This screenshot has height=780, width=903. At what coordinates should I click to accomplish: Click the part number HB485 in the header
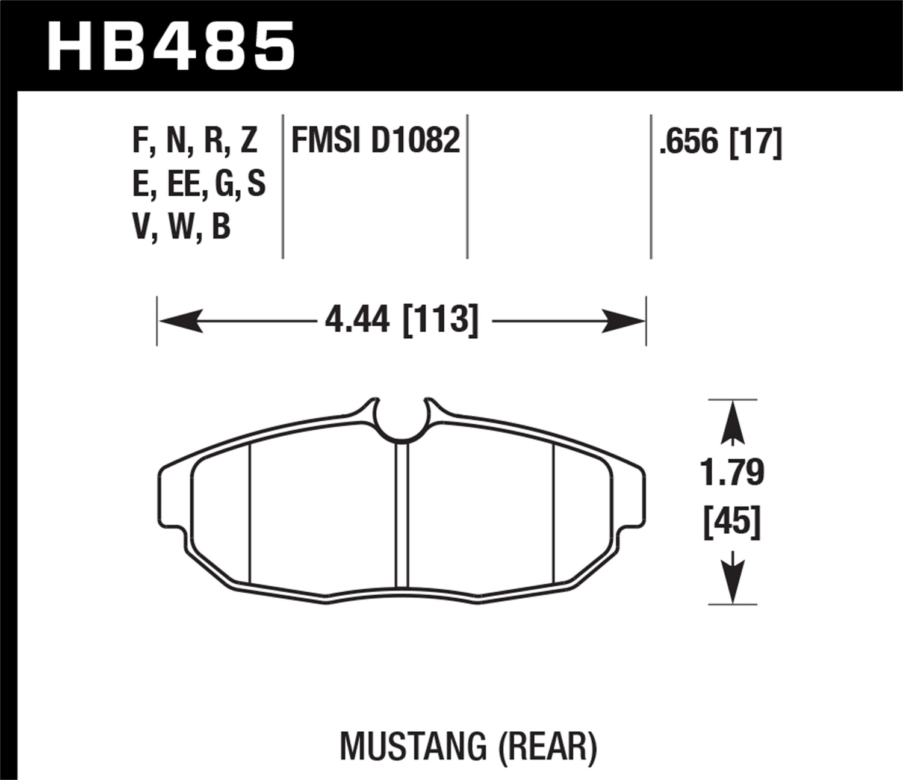(171, 46)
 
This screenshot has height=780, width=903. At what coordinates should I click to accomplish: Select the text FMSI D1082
(376, 141)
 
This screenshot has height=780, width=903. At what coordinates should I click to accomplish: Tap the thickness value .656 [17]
(721, 143)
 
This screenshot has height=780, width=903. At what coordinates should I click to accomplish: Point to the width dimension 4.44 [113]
(402, 320)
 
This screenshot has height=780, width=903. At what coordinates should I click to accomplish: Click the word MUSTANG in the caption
(413, 746)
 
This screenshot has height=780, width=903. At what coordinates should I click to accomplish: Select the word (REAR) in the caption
(547, 746)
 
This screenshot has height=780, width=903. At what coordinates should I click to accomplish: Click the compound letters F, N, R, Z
(194, 141)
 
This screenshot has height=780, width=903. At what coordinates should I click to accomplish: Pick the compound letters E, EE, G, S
(199, 184)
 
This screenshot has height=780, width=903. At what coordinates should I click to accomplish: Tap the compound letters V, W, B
(181, 227)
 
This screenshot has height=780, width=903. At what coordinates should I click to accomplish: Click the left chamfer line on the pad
(249, 515)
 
